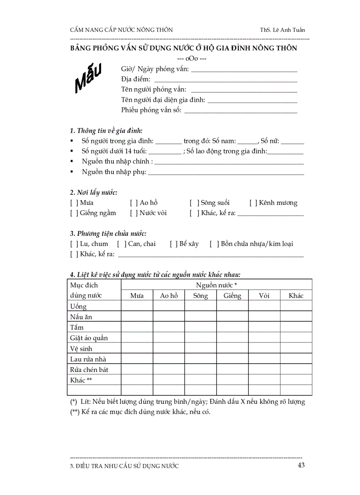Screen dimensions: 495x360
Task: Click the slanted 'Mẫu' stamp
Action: (x=88, y=78)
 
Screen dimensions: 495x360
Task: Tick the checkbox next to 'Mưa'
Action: (x=74, y=203)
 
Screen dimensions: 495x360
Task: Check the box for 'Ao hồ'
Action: (x=134, y=203)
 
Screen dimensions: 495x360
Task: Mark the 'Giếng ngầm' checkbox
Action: (x=74, y=213)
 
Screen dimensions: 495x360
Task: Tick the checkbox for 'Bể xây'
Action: (x=173, y=244)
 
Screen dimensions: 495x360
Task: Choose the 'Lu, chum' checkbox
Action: (x=74, y=244)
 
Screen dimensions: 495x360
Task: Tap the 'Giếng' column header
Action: (x=232, y=296)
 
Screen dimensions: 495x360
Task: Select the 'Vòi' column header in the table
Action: (x=264, y=296)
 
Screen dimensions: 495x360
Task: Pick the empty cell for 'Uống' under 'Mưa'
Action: (x=137, y=306)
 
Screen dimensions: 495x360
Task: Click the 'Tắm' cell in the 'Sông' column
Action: (x=201, y=328)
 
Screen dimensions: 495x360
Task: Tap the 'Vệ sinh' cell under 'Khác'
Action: (x=296, y=349)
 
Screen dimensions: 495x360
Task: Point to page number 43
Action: (x=301, y=465)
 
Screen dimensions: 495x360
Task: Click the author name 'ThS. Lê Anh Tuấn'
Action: (x=282, y=30)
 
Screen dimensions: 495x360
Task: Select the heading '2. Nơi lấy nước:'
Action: (x=93, y=192)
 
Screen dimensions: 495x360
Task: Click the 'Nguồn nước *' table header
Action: (x=217, y=285)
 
